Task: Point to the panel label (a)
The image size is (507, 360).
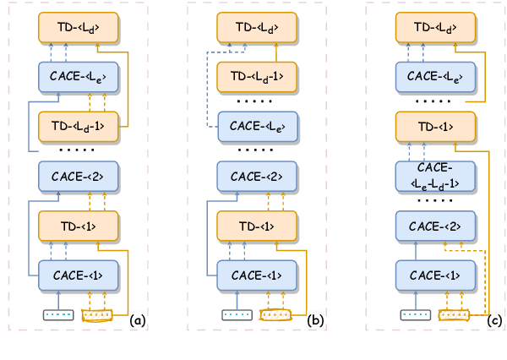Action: point(138,319)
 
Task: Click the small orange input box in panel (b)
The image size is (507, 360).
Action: point(275,316)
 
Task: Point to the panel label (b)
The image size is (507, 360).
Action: point(316,319)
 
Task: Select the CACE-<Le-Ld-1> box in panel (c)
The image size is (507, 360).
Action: point(435,176)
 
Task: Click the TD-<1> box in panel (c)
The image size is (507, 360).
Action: point(435,127)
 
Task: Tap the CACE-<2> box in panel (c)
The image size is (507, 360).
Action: point(435,226)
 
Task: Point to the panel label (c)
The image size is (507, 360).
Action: point(496,319)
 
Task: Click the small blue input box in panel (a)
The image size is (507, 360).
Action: point(58,316)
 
